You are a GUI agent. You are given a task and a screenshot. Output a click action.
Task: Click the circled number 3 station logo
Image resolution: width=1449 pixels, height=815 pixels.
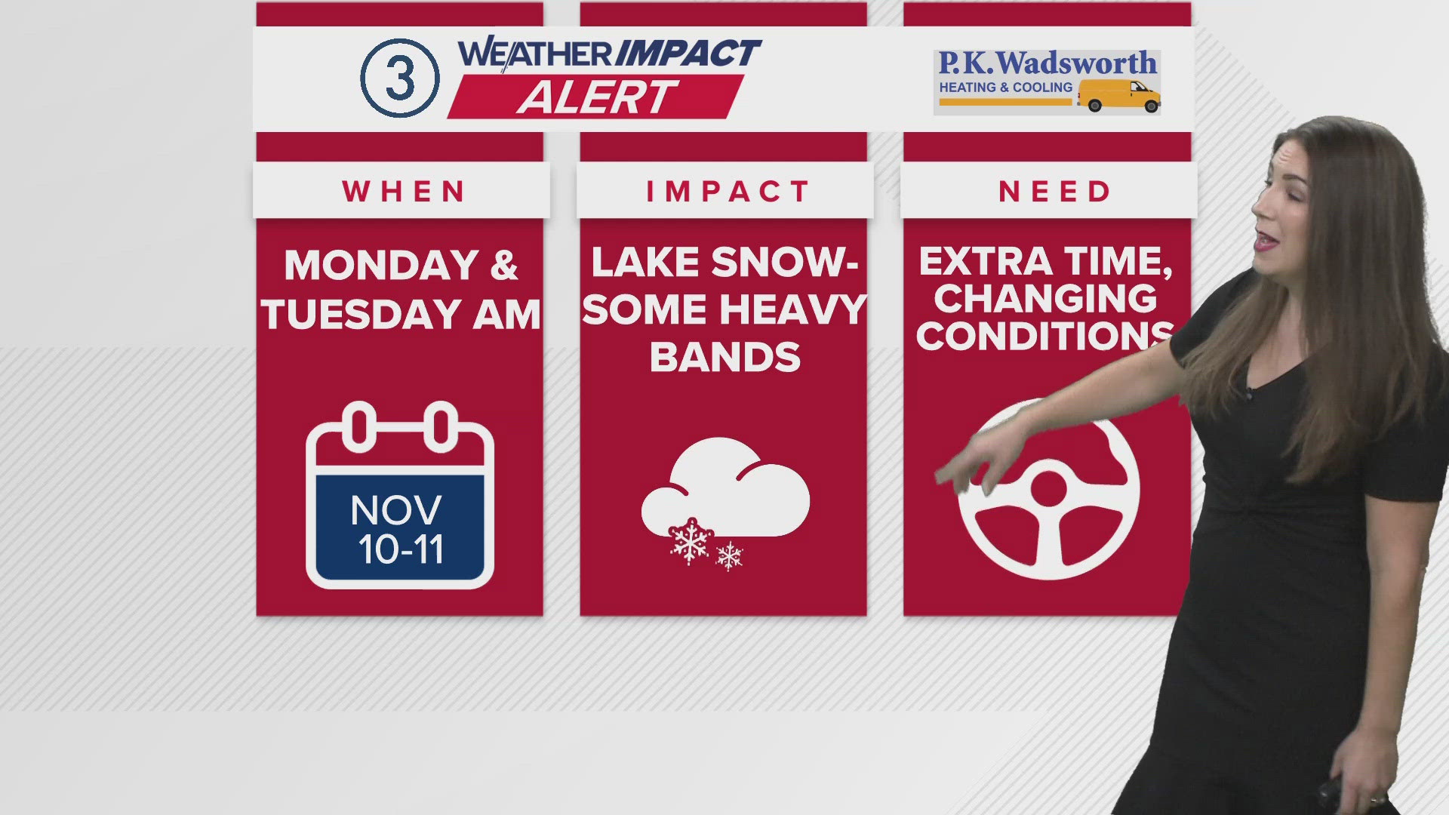(x=399, y=78)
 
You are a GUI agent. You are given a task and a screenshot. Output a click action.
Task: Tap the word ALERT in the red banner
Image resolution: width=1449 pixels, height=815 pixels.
(x=597, y=97)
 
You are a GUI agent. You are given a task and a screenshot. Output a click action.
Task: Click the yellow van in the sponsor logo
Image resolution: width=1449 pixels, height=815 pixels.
(x=1118, y=96)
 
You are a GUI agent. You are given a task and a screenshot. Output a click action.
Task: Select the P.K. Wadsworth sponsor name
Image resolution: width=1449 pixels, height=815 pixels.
(x=1048, y=63)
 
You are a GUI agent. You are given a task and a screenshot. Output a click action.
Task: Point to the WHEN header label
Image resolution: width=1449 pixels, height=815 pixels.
(x=405, y=192)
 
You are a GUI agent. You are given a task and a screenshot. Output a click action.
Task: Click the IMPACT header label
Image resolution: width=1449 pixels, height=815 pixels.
(x=728, y=192)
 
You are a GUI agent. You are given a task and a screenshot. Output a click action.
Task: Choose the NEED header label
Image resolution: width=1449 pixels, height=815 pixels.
(x=1054, y=192)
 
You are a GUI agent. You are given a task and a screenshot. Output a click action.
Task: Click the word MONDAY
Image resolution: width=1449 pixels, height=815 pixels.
(x=382, y=266)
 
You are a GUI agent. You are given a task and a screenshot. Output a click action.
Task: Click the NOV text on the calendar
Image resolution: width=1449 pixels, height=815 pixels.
(x=396, y=511)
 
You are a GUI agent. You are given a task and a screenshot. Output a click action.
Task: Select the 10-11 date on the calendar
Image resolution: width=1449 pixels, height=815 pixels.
(x=401, y=549)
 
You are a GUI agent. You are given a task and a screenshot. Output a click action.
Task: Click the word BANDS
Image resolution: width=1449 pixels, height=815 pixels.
(x=725, y=357)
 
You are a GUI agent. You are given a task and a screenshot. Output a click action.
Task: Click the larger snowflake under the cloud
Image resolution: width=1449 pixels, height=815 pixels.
(x=691, y=541)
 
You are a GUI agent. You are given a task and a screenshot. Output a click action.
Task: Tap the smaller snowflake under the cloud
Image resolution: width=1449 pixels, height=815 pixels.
(x=729, y=557)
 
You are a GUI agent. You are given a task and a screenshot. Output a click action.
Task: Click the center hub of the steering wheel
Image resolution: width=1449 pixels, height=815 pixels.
(x=1048, y=487)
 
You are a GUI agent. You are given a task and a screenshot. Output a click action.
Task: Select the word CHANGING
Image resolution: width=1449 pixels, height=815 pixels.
(x=1045, y=299)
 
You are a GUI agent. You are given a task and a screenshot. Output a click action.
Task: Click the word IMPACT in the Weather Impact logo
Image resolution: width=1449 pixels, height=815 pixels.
(x=688, y=54)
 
